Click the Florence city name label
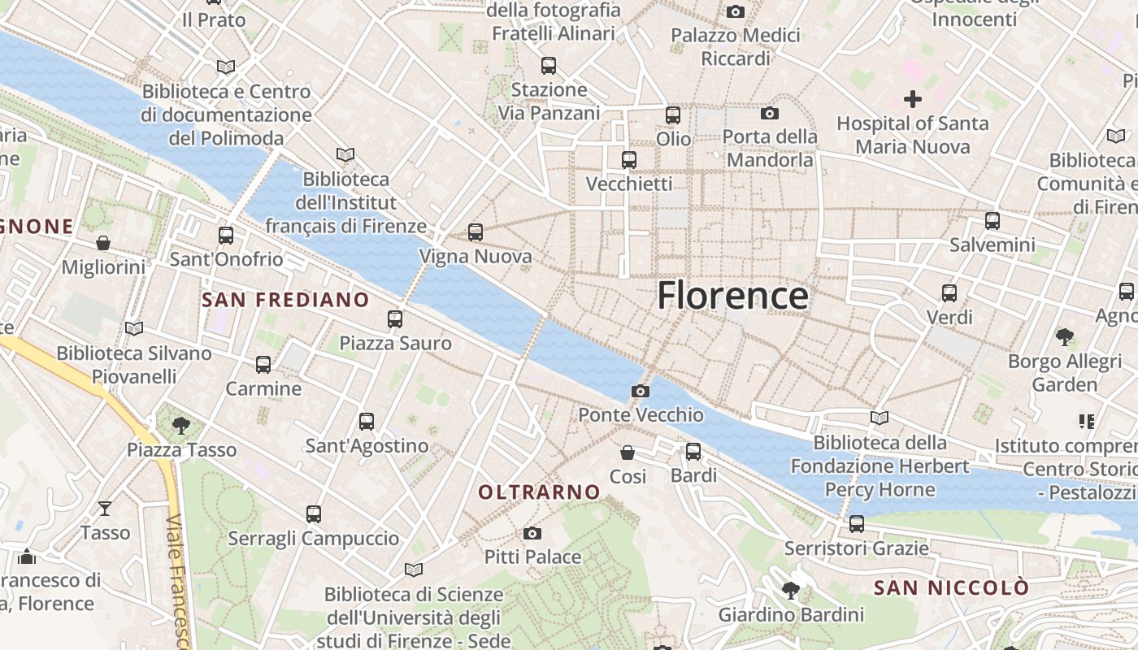pyautogui.click(x=732, y=295)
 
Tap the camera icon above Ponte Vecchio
pyautogui.click(x=640, y=392)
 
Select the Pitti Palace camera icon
pyautogui.click(x=532, y=533)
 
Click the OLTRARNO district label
pyautogui.click(x=539, y=492)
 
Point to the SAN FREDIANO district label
pyautogui.click(x=285, y=300)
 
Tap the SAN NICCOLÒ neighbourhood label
pyautogui.click(x=951, y=587)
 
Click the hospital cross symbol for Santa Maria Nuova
pyautogui.click(x=913, y=99)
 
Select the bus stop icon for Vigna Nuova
pyautogui.click(x=476, y=232)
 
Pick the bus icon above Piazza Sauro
pyautogui.click(x=395, y=319)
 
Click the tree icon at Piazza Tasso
pyautogui.click(x=181, y=425)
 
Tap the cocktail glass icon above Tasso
pyautogui.click(x=105, y=509)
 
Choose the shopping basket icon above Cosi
pyautogui.click(x=628, y=452)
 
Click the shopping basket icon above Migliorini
pyautogui.click(x=103, y=243)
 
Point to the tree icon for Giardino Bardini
pyautogui.click(x=790, y=591)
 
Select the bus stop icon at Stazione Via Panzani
pyautogui.click(x=549, y=66)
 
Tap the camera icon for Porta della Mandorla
pyautogui.click(x=770, y=113)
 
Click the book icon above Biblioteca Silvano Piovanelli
pyautogui.click(x=134, y=329)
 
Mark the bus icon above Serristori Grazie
pyautogui.click(x=857, y=524)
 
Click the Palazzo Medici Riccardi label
pyautogui.click(x=735, y=46)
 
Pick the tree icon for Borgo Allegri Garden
pyautogui.click(x=1065, y=336)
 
